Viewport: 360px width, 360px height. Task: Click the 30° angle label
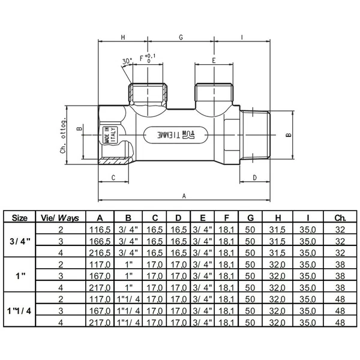pos(127,61)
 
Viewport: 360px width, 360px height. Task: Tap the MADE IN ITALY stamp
pos(110,136)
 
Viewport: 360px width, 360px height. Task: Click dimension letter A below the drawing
pos(184,196)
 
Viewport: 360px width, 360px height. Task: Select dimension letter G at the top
pos(181,37)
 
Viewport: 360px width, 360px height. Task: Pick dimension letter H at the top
pos(123,37)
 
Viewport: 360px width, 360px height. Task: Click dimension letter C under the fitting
pos(113,178)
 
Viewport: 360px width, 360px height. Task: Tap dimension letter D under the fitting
pos(255,178)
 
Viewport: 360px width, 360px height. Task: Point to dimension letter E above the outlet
pos(214,61)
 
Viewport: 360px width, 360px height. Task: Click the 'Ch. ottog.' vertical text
pos(63,135)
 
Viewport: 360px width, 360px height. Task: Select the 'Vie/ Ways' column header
pos(60,218)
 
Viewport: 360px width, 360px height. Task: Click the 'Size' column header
pos(20,218)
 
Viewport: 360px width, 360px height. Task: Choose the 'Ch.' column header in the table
pos(340,218)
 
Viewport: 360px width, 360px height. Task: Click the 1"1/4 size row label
pos(19,311)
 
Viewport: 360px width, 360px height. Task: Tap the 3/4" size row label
pos(20,241)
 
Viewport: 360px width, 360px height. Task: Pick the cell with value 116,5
pos(100,230)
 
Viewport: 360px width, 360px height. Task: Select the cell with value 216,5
pos(100,253)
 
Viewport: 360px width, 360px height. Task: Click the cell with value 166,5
pos(100,241)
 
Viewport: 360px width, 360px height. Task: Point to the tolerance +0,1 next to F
pos(150,56)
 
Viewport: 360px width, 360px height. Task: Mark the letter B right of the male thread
pos(289,135)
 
